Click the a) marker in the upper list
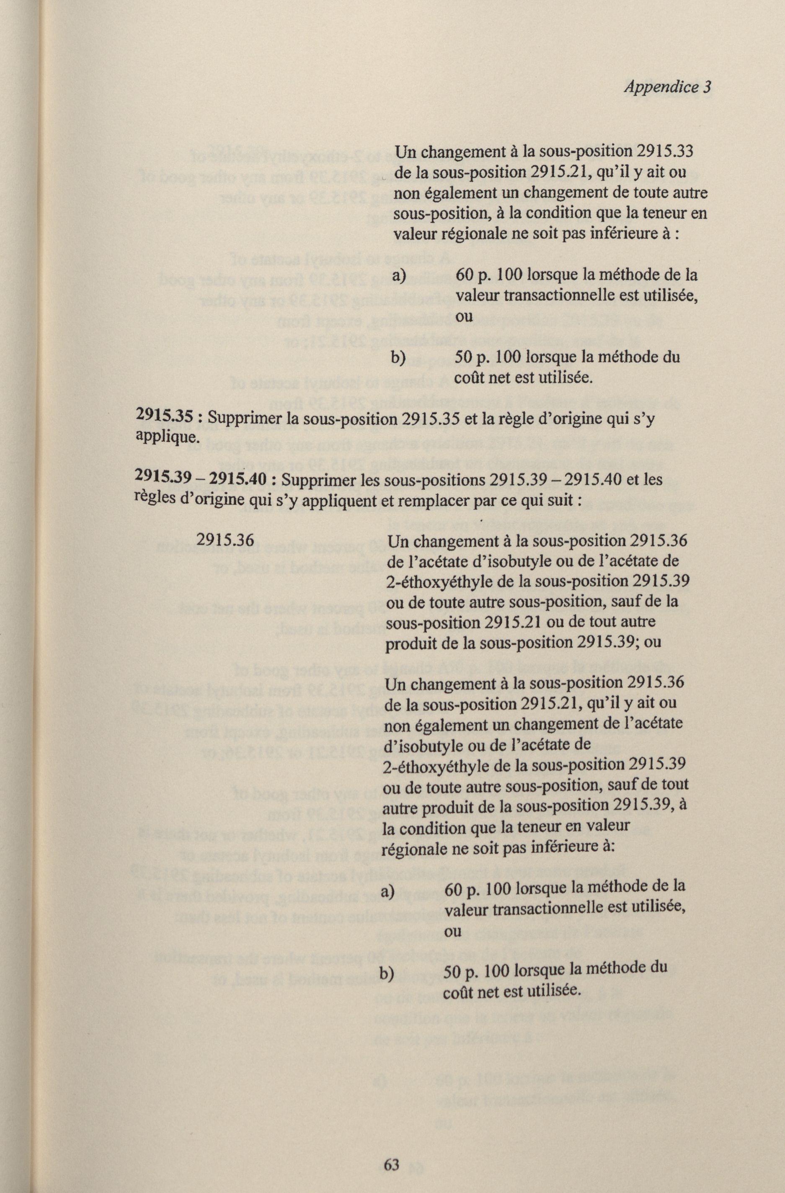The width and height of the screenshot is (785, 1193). point(399,276)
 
